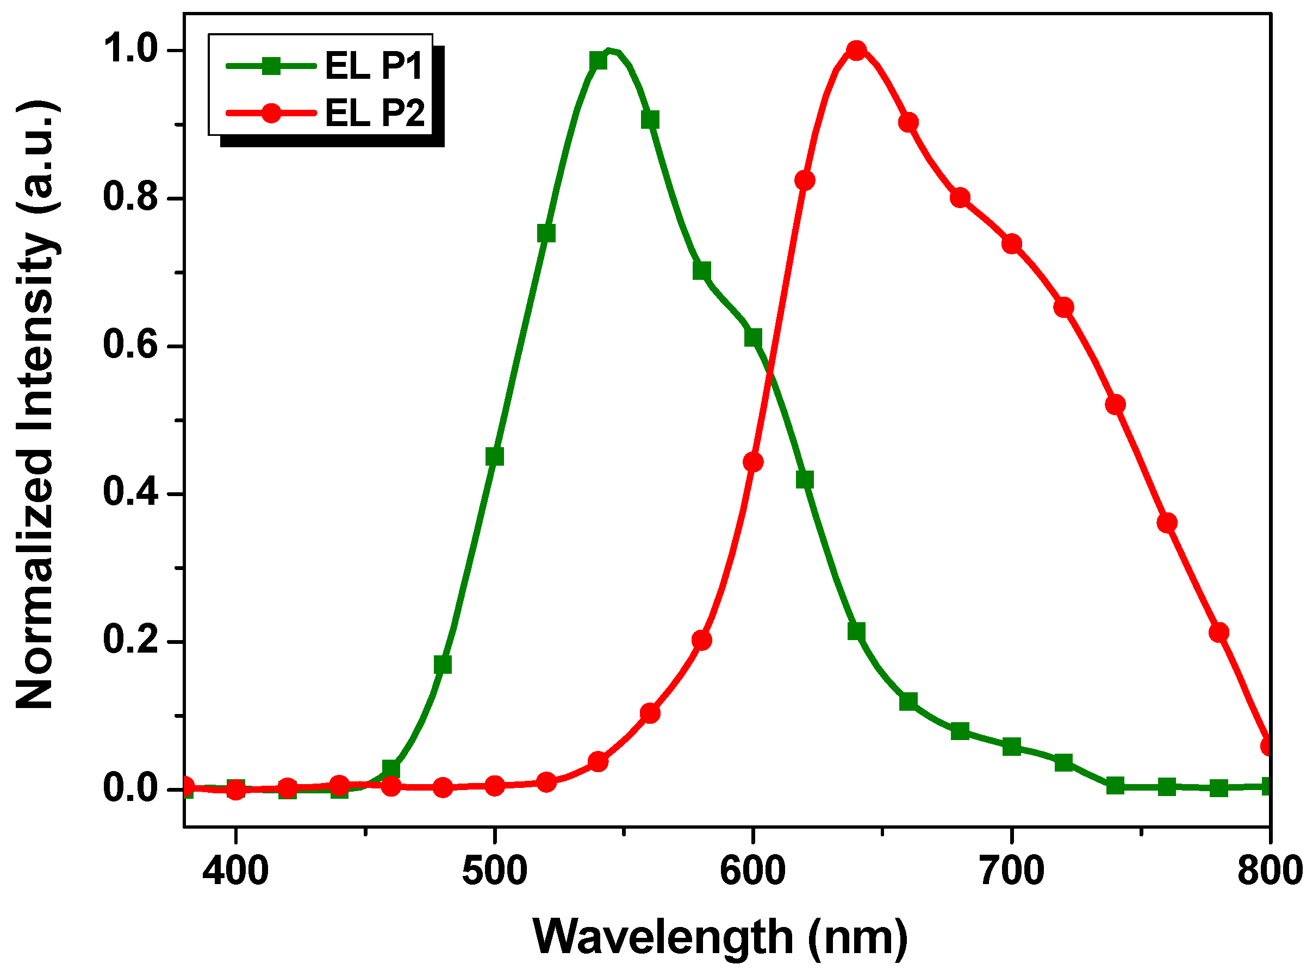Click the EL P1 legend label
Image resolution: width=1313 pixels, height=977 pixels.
click(374, 65)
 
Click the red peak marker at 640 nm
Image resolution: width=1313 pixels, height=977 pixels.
click(856, 51)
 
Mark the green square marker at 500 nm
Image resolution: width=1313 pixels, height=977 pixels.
click(495, 456)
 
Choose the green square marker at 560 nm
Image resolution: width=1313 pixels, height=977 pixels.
click(650, 120)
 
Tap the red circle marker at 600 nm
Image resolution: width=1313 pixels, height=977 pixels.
click(752, 462)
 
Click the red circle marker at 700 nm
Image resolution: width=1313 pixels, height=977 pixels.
click(1012, 243)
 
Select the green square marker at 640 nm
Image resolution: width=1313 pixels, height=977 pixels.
click(856, 631)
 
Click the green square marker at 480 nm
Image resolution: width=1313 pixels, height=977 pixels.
click(443, 665)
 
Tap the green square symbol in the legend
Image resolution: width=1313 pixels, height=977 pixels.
click(271, 66)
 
